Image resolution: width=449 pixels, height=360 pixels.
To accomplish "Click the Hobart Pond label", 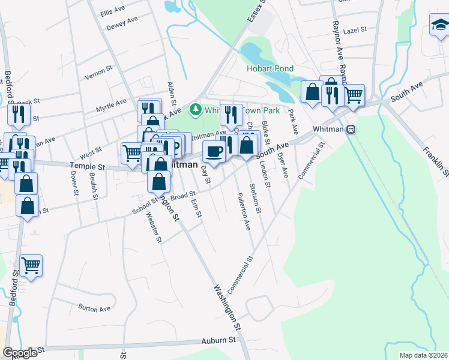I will pos(270,69).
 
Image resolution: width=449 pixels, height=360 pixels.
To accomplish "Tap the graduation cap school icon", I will pos(439,26).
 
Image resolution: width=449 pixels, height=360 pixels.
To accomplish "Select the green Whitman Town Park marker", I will pos(194,110).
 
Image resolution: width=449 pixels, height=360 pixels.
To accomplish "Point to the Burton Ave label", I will pos(94,308).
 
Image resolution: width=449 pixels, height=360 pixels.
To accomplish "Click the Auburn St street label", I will pos(218,340).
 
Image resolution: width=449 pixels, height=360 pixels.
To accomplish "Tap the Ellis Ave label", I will pos(112,12).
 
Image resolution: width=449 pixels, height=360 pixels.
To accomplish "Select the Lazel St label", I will pos(355,29).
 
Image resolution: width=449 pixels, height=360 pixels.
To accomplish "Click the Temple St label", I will pos(88,166).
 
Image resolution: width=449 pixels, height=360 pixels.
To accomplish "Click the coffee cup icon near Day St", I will pos(214,152).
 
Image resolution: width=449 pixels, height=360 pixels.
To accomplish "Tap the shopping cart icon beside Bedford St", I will pos(31,265).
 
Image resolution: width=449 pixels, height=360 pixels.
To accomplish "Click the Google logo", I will pos(20,353).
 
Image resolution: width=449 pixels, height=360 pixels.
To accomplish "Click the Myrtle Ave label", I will pos(111,106).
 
